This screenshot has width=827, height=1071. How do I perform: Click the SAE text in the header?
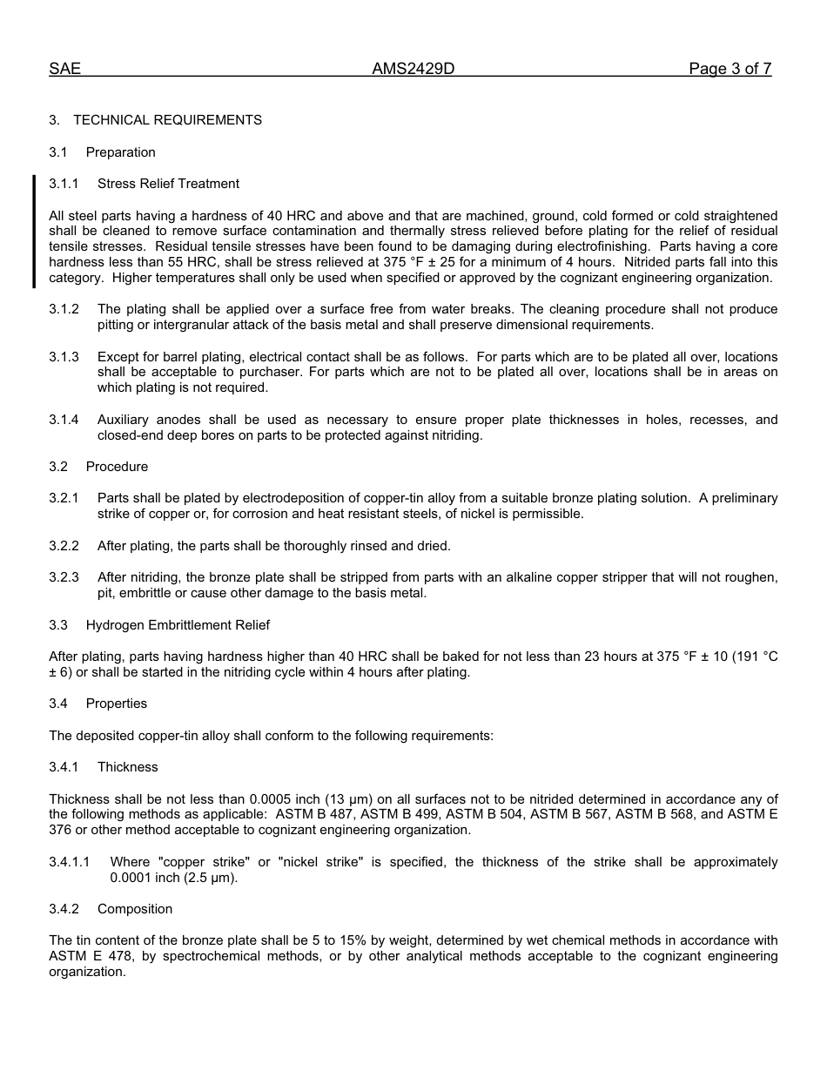coord(64,70)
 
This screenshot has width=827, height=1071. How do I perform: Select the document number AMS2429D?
coord(413,70)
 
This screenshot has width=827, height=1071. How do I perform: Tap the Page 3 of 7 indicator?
coord(730,70)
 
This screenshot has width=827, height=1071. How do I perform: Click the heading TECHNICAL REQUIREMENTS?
coord(167,120)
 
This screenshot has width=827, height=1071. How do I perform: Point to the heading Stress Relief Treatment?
coord(168,184)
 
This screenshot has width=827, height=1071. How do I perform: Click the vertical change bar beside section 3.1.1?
coord(34,231)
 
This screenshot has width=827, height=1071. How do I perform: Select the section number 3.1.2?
coord(64,310)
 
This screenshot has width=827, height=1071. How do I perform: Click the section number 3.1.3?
coord(64,357)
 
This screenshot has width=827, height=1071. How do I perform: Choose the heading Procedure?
coord(117,467)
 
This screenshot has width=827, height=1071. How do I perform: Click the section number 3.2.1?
coord(64,499)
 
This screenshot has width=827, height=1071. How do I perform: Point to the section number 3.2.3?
coord(64,577)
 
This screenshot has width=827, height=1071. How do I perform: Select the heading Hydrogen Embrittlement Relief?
coord(178,625)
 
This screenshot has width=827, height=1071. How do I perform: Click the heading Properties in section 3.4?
coord(117,704)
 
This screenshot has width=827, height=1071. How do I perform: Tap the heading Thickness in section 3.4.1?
coord(128,767)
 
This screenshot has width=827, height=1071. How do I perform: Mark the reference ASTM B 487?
coord(313,815)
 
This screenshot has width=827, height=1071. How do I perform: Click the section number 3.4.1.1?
coord(70,863)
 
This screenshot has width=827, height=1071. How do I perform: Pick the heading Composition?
coord(135,909)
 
